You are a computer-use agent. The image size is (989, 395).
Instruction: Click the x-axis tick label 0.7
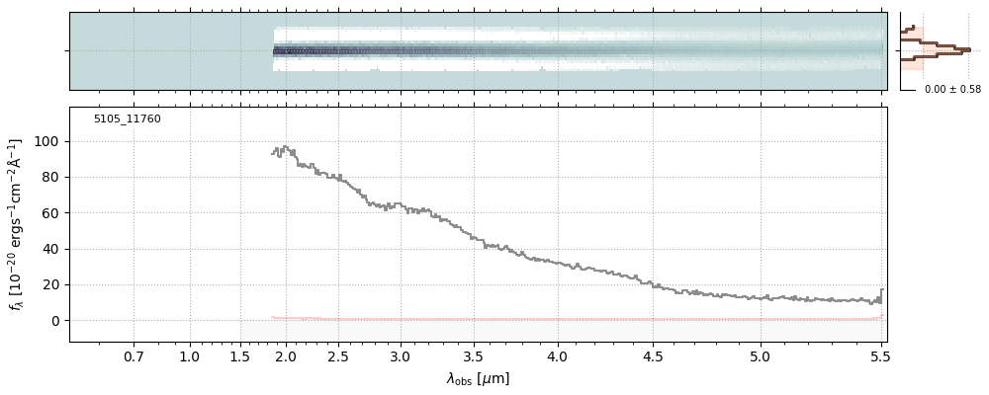(134, 356)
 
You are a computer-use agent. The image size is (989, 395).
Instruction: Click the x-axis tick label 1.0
(190, 356)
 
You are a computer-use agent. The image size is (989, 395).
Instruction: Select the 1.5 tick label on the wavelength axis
(240, 356)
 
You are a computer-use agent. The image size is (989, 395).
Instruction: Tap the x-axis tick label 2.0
(286, 356)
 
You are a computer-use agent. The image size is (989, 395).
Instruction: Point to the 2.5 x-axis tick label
(337, 356)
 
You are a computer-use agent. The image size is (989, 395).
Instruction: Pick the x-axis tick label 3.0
(400, 356)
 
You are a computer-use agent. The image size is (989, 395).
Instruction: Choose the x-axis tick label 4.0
(557, 356)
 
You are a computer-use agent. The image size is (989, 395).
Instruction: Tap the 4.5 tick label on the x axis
(653, 356)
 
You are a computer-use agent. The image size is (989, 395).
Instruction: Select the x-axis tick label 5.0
(761, 356)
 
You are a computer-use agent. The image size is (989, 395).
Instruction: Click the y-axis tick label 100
(46, 141)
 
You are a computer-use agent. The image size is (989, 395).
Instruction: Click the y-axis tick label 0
(54, 321)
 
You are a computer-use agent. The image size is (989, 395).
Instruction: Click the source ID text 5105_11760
(127, 119)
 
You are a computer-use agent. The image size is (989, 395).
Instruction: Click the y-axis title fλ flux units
(17, 224)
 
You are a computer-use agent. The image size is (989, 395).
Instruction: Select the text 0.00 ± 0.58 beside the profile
(952, 90)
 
